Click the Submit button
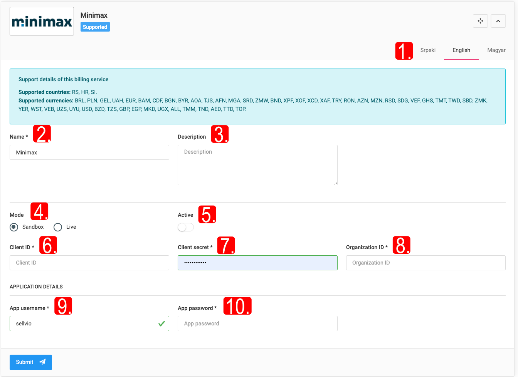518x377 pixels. click(31, 362)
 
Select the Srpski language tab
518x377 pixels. click(427, 50)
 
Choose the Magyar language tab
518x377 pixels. click(496, 50)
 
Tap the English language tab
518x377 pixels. click(461, 50)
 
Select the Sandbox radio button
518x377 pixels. click(14, 227)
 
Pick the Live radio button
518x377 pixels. click(58, 227)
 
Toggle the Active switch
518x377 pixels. click(186, 227)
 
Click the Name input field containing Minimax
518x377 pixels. click(89, 152)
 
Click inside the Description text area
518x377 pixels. click(257, 165)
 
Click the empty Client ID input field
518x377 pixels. click(89, 263)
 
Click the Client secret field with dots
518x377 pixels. click(257, 263)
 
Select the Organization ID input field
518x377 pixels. click(425, 263)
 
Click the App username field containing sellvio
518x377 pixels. click(89, 323)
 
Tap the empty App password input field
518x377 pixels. click(257, 323)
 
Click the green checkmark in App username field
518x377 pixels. click(161, 323)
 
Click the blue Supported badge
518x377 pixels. click(95, 27)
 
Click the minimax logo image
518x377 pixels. click(42, 21)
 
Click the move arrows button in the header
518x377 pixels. click(480, 21)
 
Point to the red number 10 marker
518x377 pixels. click(237, 306)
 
